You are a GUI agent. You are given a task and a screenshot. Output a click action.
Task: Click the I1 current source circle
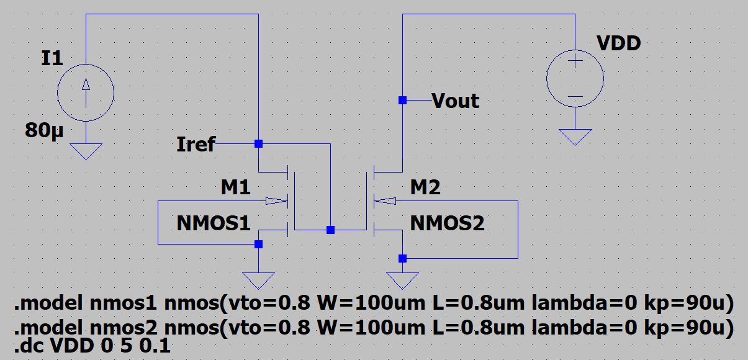(86, 93)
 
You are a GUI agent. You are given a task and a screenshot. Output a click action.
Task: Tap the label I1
(52, 58)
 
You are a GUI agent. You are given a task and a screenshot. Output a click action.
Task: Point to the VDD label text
(618, 43)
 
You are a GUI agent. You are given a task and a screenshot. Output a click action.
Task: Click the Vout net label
(455, 101)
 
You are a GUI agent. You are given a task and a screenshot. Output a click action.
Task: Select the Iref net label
(196, 145)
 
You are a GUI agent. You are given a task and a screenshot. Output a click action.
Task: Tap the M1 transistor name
(236, 187)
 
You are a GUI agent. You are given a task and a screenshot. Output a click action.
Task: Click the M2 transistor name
(425, 187)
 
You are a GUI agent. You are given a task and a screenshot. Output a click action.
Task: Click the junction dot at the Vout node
(402, 100)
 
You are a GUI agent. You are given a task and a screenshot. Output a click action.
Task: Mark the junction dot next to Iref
(258, 143)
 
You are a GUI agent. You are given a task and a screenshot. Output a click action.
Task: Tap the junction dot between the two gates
(331, 230)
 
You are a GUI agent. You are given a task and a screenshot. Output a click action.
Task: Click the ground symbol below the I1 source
(86, 151)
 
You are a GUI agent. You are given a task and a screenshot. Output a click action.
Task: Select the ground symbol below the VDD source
(575, 137)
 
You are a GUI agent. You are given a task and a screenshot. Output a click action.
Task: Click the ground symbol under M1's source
(258, 281)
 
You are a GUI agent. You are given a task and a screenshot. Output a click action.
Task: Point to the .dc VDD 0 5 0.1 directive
(92, 346)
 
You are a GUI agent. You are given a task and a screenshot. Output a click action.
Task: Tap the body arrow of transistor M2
(385, 200)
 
